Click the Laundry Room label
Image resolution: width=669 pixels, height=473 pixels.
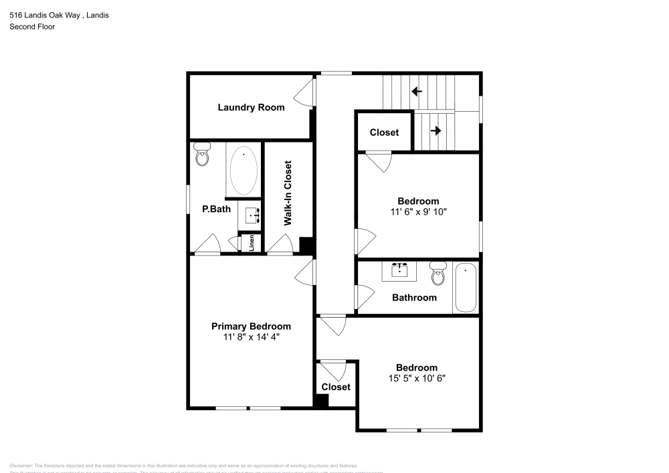(251, 107)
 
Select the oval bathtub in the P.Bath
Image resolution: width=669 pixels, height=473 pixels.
(244, 170)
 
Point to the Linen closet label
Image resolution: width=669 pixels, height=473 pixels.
(252, 243)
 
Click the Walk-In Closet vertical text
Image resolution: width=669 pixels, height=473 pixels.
(288, 193)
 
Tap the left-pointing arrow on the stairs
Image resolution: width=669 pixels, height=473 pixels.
(416, 92)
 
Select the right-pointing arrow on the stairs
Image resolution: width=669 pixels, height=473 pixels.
(436, 130)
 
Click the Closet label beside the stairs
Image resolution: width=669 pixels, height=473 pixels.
(384, 132)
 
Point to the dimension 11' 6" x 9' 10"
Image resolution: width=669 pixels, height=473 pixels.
(418, 211)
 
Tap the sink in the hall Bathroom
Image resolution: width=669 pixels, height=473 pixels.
(400, 270)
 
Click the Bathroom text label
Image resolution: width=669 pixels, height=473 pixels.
(414, 298)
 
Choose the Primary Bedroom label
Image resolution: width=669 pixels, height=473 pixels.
(251, 326)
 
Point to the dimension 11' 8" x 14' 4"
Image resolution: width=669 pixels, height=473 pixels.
(251, 337)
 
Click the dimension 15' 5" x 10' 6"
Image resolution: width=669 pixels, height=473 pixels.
(417, 378)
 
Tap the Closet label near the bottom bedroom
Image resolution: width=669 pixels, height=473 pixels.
(336, 387)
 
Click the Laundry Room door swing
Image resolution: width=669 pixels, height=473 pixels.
(306, 92)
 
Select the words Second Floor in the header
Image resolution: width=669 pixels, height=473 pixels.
(32, 27)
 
